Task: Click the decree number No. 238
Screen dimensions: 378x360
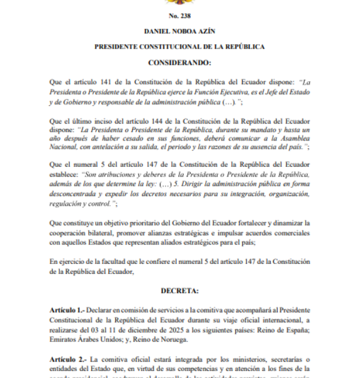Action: click(x=179, y=16)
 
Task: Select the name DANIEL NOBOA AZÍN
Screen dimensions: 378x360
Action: click(x=179, y=31)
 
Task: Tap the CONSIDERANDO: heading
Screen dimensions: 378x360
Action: click(x=179, y=63)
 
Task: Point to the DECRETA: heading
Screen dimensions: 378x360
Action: click(x=179, y=292)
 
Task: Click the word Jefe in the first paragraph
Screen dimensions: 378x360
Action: click(x=266, y=91)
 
